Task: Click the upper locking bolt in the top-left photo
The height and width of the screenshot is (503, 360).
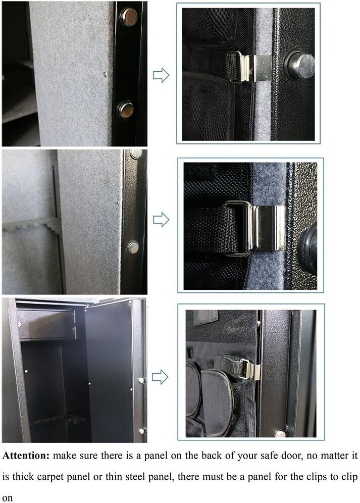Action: [127, 18]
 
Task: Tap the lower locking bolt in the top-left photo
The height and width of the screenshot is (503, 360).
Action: [125, 108]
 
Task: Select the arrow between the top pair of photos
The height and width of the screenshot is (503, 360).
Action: [161, 76]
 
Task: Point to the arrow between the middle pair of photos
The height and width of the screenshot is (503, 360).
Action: [161, 220]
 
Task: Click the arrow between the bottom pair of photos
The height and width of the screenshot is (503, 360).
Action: [161, 376]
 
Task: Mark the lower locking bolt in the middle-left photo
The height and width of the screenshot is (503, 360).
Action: [133, 247]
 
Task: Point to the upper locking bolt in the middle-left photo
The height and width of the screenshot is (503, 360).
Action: [135, 154]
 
